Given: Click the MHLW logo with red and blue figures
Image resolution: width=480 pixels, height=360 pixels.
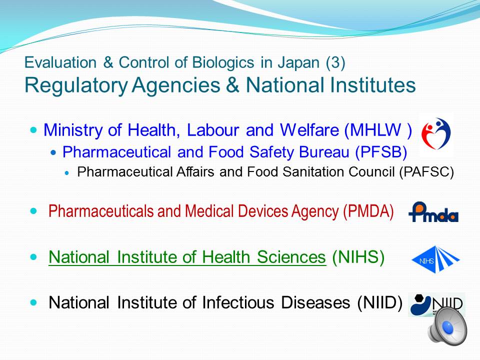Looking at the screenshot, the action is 436,134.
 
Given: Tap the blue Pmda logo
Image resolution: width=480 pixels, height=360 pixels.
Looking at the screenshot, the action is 433,212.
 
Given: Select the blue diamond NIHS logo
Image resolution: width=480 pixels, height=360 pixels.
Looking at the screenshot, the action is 435,259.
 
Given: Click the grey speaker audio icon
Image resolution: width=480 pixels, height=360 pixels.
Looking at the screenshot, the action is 447,326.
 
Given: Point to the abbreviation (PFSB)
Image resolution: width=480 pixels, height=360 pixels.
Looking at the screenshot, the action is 381,152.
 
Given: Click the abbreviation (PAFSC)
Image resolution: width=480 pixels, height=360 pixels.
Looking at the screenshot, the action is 426,172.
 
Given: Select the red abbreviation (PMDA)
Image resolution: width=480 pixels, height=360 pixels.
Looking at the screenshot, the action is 368,211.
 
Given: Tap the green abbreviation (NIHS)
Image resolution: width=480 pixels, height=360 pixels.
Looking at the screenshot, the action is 358,257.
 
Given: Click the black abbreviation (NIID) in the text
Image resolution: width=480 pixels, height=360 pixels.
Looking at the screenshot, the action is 379,302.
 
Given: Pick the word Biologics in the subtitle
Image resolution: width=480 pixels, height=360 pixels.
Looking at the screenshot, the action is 223,62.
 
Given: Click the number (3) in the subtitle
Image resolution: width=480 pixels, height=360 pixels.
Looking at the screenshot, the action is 335,62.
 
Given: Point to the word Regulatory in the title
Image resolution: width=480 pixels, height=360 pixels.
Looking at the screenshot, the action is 76,85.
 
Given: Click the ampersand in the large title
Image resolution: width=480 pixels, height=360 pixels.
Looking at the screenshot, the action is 232,85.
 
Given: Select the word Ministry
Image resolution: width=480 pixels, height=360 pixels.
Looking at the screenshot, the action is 73,130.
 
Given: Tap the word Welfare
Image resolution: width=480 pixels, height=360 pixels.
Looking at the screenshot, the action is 309,130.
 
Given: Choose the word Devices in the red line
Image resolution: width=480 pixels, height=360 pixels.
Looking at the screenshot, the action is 262,211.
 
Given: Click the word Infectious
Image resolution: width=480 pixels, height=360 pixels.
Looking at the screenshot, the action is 237,302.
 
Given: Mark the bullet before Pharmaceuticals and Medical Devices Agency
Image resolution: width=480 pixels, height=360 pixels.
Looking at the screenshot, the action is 33,211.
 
